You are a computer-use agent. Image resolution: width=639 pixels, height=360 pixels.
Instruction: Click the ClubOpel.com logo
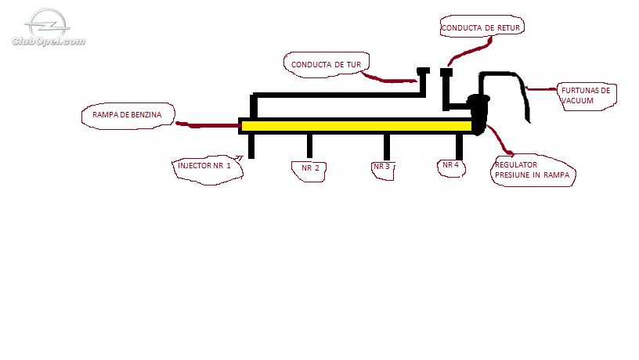[49, 27]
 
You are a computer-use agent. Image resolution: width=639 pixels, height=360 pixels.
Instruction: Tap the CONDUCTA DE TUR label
[326, 65]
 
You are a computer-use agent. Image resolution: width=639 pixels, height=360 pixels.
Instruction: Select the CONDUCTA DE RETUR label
[481, 28]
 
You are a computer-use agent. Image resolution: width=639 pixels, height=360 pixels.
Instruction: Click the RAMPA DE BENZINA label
[127, 115]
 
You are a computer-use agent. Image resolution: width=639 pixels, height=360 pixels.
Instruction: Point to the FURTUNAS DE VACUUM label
[586, 95]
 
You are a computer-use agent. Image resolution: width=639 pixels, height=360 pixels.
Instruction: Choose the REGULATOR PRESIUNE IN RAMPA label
[532, 170]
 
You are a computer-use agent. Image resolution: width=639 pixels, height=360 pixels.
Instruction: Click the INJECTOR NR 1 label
[204, 166]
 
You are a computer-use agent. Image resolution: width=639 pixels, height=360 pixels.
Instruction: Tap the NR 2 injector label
[311, 167]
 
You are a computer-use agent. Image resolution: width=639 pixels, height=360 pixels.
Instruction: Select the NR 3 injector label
[382, 167]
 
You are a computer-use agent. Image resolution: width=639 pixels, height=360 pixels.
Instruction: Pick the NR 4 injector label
[451, 165]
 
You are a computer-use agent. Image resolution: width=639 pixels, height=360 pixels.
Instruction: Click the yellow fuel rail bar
[356, 126]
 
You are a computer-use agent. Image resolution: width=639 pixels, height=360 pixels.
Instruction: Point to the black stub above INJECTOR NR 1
[251, 146]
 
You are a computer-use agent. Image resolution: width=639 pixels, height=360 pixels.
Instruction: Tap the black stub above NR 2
[310, 146]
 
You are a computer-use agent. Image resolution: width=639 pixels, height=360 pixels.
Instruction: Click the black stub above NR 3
[387, 146]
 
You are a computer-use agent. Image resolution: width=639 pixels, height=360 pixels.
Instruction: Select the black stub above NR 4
[459, 146]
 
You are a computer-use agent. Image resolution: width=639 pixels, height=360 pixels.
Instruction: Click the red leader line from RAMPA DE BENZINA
[208, 124]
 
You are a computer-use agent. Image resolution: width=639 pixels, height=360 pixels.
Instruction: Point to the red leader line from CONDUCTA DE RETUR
[468, 52]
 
